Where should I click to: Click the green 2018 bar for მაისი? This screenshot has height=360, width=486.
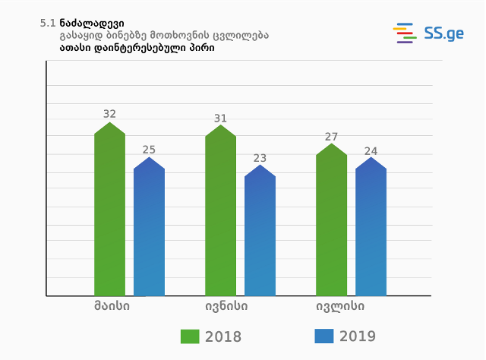click(x=109, y=213)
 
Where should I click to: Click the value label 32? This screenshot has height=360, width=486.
click(x=109, y=114)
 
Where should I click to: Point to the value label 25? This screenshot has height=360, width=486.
click(x=149, y=150)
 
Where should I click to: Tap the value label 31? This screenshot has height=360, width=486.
click(x=220, y=118)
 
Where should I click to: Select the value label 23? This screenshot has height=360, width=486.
click(x=260, y=158)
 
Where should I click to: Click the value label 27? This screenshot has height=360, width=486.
click(x=331, y=137)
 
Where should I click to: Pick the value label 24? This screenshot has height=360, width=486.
click(x=371, y=151)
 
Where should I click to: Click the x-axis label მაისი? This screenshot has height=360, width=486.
click(x=112, y=307)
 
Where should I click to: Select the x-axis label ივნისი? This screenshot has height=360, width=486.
click(x=226, y=307)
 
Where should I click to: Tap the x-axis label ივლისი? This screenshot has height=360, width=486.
click(x=340, y=307)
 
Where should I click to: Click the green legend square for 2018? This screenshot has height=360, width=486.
click(x=190, y=336)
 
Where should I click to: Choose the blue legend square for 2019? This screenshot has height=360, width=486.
click(x=323, y=336)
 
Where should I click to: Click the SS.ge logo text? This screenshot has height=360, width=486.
click(x=444, y=33)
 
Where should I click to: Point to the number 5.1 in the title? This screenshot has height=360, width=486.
click(x=47, y=24)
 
